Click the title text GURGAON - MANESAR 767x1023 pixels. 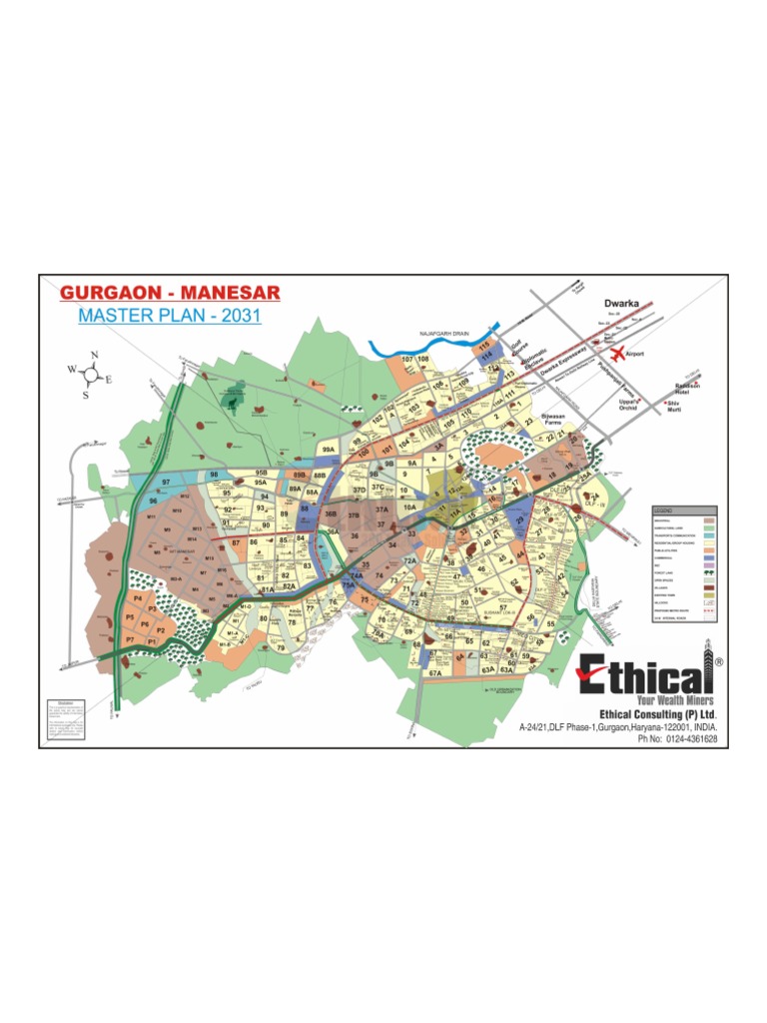coord(171,293)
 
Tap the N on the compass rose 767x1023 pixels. coord(94,356)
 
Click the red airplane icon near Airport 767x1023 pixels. coord(617,352)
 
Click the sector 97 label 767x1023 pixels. coord(167,482)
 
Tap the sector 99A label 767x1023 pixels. coord(328,451)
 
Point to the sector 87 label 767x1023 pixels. coord(236,542)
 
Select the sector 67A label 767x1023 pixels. coord(434,674)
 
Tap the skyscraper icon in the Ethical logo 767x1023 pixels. coord(708,668)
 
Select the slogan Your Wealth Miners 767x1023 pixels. coord(654,701)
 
